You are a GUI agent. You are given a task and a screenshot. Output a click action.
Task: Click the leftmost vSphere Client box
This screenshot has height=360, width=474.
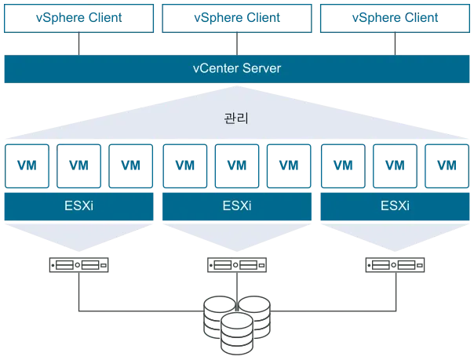point(79,18)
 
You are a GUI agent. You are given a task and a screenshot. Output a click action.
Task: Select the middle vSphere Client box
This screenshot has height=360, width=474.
point(237,18)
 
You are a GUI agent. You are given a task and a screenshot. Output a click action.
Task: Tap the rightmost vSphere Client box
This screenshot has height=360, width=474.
point(395,18)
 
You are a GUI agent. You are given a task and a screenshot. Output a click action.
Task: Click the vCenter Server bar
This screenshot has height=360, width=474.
point(237,69)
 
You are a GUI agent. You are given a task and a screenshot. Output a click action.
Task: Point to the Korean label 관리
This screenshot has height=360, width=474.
point(236,118)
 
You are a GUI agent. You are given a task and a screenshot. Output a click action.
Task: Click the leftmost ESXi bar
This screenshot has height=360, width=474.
point(79,206)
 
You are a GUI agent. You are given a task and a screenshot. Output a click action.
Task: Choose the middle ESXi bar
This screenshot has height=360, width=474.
point(237,206)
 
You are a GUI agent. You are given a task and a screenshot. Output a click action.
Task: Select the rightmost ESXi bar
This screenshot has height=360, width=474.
point(395,206)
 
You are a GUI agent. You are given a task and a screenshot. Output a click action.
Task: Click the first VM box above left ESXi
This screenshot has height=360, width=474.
point(27,166)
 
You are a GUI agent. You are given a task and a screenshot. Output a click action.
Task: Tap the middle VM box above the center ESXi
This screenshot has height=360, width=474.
point(237,166)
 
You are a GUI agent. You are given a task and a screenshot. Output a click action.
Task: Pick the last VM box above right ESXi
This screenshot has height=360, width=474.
point(447,166)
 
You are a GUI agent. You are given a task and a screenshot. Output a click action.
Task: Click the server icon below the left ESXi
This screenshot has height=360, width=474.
point(79,265)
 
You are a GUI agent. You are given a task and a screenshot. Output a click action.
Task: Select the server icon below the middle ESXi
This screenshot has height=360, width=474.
point(237,265)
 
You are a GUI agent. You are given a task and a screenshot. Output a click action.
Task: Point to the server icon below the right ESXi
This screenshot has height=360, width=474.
point(395,265)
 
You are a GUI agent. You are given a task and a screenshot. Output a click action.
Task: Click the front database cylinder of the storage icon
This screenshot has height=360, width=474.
point(237,333)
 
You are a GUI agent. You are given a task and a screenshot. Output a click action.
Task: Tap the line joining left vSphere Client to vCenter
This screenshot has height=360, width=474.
point(79,44)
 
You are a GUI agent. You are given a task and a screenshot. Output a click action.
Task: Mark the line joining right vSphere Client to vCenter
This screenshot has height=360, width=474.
point(395,44)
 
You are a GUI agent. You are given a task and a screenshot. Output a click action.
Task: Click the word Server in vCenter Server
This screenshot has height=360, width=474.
point(261,68)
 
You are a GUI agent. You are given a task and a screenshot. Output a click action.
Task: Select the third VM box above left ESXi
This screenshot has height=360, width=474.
point(130,166)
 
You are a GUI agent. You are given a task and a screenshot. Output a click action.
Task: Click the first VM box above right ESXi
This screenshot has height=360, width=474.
point(343,166)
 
